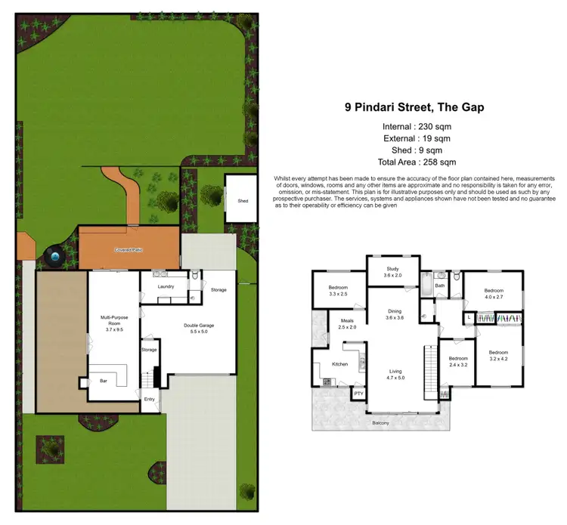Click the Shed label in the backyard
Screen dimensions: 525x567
point(243,201)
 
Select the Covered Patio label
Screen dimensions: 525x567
point(129,249)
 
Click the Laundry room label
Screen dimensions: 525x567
point(166,287)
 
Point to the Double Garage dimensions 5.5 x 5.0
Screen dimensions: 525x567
point(201,332)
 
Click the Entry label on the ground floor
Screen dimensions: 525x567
point(150,400)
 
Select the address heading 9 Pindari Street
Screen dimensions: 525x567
point(414,107)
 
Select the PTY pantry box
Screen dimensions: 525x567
point(358,393)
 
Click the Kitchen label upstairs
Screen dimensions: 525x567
point(339,365)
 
